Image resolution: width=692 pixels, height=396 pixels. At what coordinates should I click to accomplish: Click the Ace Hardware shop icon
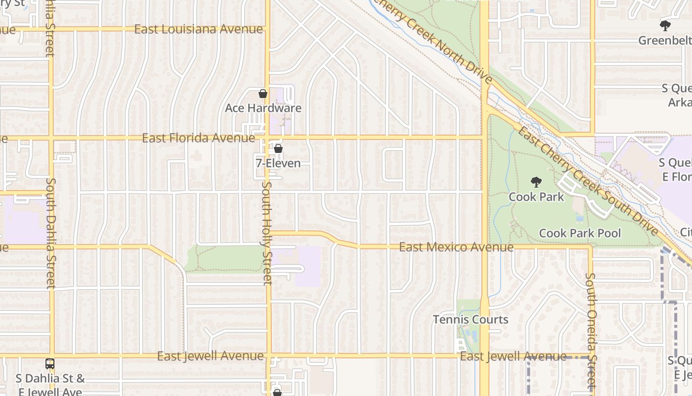coord(263,94)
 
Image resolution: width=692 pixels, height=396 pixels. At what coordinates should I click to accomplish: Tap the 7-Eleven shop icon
coord(278,148)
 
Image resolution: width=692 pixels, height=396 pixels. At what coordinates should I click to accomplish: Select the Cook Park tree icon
coord(536,182)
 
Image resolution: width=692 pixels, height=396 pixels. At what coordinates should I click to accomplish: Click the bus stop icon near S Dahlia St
coord(50,364)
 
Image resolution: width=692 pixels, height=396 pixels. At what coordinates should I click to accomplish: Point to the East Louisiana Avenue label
coord(198,29)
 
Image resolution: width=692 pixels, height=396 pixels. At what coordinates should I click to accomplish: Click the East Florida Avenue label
coord(198,138)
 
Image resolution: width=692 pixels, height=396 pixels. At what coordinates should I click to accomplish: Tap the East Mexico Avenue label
coord(456,247)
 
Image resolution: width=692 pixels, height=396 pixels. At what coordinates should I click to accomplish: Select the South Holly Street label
coord(267,233)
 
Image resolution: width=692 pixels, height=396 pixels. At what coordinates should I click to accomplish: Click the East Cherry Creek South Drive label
coord(588,181)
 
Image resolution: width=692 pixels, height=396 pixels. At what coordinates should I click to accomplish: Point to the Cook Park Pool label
coord(580,233)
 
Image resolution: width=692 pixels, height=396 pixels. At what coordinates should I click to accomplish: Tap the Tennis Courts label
coord(471,320)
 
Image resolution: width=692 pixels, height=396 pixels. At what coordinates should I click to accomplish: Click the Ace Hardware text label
coord(263,108)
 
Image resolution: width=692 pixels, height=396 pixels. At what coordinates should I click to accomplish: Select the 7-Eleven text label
coord(278,163)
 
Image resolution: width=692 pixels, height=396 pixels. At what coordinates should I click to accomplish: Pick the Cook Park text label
coord(536,197)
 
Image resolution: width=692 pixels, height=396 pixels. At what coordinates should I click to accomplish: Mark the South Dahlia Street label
coord(50,233)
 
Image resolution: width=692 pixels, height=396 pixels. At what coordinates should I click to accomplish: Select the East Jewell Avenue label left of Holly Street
coord(211,356)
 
